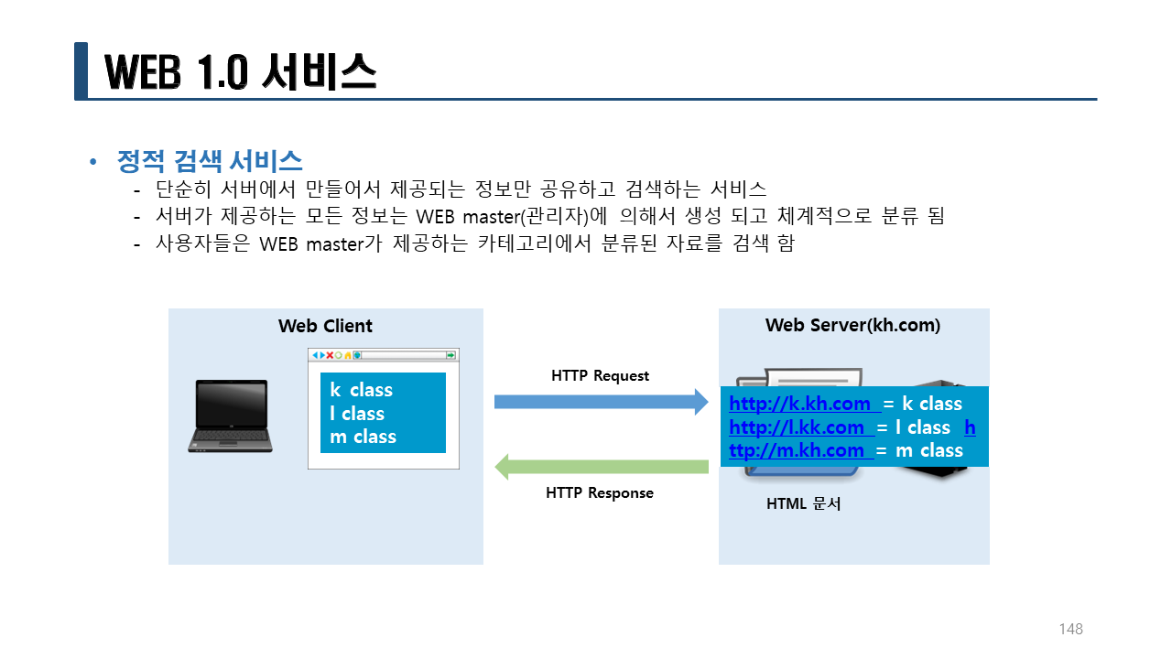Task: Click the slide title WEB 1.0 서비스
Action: [x=240, y=71]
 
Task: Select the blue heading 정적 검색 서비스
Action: [x=210, y=162]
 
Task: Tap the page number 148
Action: [x=1070, y=629]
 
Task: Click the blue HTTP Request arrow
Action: [x=601, y=402]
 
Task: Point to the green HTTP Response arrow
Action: [x=601, y=467]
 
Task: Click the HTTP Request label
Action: [x=600, y=376]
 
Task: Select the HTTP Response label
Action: [x=600, y=493]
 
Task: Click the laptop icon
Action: [x=230, y=416]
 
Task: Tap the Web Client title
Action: [x=325, y=326]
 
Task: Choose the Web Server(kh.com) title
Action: [x=852, y=326]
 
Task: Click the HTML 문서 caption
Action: [x=803, y=503]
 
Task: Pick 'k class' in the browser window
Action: [x=361, y=390]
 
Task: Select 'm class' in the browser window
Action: [x=363, y=437]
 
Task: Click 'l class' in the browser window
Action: [x=356, y=414]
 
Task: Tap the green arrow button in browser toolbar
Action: [x=450, y=355]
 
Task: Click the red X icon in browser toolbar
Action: [x=330, y=355]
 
